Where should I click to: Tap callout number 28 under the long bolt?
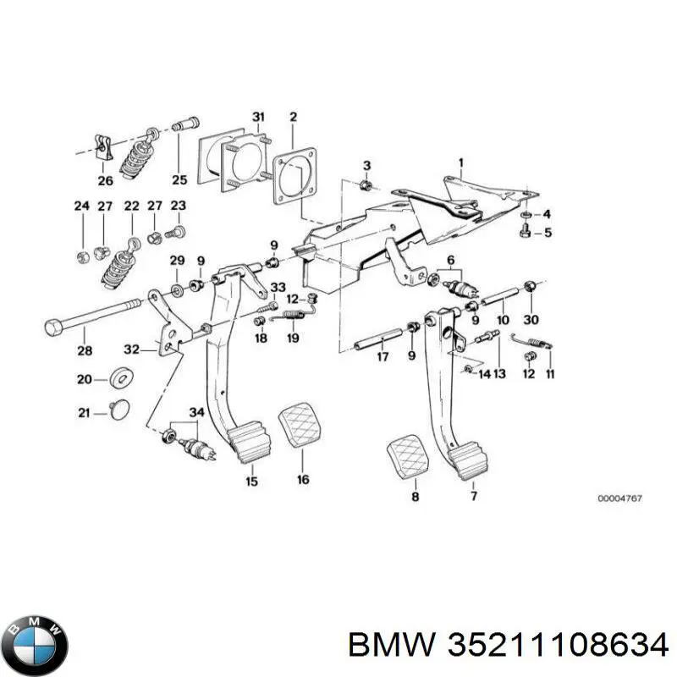tap(82, 351)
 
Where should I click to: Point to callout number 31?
tap(258, 117)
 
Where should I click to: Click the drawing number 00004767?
tap(619, 499)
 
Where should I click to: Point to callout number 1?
tap(461, 162)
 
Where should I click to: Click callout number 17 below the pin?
tap(383, 356)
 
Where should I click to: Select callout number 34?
tap(197, 412)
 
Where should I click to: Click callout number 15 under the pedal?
tap(251, 482)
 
